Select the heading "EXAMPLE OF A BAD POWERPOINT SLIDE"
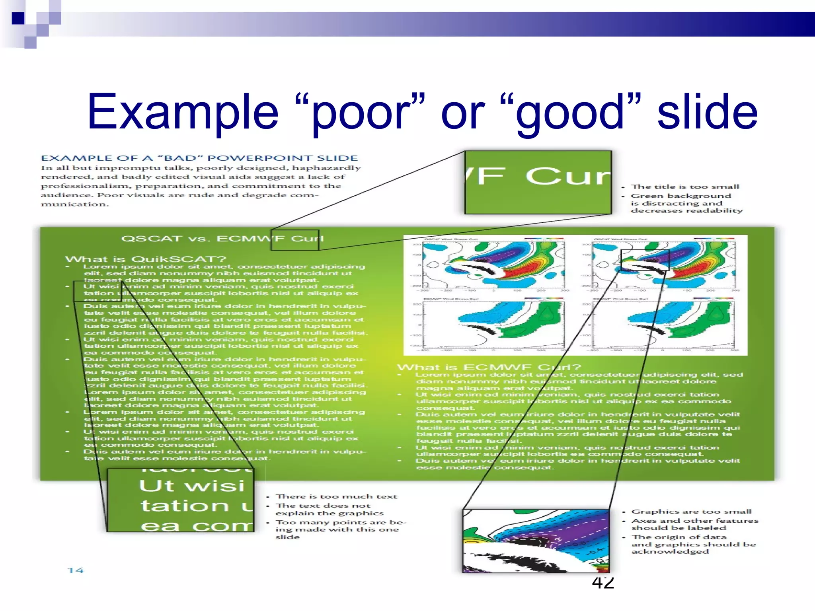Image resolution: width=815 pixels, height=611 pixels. click(199, 158)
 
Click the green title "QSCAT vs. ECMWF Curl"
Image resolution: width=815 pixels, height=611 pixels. click(222, 239)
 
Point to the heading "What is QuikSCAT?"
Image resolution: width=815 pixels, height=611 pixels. click(146, 259)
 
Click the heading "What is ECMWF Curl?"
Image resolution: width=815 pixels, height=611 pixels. click(489, 367)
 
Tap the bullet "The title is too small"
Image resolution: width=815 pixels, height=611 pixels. click(685, 187)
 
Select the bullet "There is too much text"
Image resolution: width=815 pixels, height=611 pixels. click(337, 496)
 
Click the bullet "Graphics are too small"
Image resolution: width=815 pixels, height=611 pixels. click(692, 512)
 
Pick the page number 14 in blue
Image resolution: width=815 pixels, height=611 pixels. click(75, 570)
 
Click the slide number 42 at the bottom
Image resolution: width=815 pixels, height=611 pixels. click(603, 582)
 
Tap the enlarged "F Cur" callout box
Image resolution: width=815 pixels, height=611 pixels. click(538, 182)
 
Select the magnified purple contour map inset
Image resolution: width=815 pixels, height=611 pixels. click(536, 541)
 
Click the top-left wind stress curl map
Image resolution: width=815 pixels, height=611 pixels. click(493, 265)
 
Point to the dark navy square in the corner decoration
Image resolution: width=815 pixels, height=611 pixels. click(18, 18)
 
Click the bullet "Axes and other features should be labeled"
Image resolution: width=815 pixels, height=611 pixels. click(694, 524)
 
